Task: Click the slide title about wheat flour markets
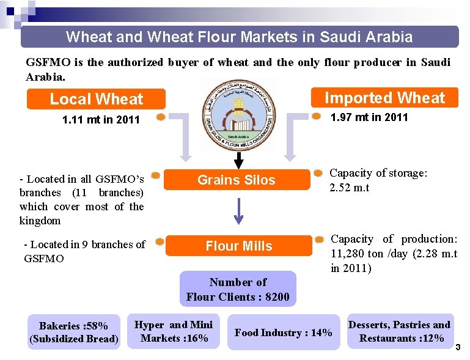tap(239, 37)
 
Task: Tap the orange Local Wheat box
tap(96, 99)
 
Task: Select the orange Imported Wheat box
tap(384, 98)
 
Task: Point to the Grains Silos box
tap(236, 180)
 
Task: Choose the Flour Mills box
tap(238, 246)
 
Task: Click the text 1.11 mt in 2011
tap(101, 120)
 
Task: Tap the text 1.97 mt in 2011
tap(369, 117)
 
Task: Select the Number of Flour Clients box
tap(238, 290)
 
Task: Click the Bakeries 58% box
tap(73, 332)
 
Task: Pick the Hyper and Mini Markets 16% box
tap(174, 331)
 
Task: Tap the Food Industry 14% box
tap(283, 332)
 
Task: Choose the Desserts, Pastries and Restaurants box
tap(399, 331)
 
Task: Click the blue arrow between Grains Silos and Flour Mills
tap(239, 211)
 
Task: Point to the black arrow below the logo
tap(239, 160)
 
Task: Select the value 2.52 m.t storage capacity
tap(349, 187)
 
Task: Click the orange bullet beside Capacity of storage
tap(318, 174)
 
